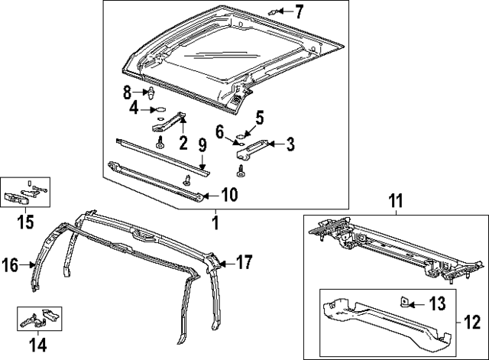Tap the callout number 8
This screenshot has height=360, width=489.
(128, 92)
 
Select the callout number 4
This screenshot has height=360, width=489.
(134, 109)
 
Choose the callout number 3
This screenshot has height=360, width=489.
(290, 143)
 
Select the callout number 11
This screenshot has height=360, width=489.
(395, 203)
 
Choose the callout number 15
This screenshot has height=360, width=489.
(27, 222)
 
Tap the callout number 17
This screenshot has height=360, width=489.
(244, 261)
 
